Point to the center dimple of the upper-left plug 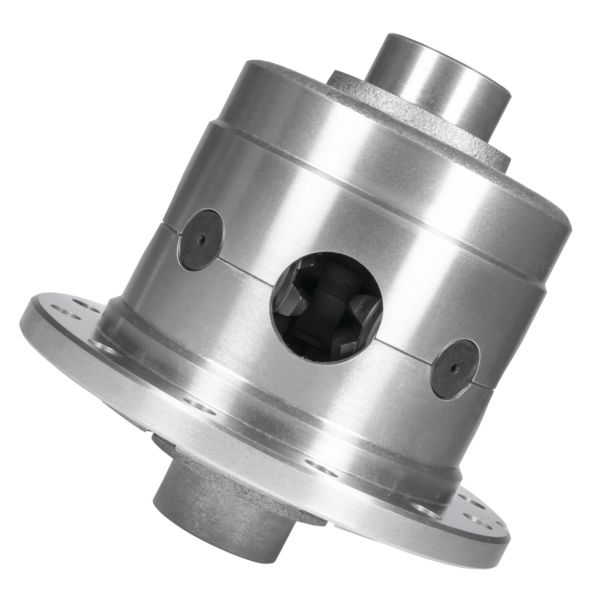tap(203, 240)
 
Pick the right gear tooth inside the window tap(366, 316)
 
